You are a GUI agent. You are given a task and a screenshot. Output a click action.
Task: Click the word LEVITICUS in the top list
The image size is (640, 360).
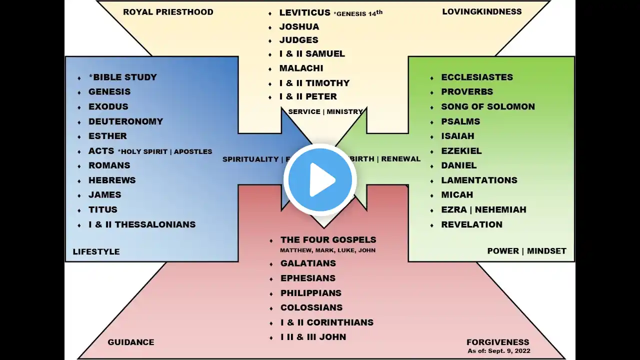(304, 12)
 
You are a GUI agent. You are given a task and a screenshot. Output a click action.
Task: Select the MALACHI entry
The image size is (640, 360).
(301, 68)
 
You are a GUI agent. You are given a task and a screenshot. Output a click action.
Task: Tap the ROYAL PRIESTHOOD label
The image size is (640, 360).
(168, 12)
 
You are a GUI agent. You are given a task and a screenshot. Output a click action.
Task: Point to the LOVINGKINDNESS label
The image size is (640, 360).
(481, 11)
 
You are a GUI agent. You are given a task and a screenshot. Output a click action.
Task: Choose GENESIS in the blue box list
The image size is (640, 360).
(109, 91)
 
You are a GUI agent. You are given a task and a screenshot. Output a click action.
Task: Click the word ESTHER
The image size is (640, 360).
(107, 136)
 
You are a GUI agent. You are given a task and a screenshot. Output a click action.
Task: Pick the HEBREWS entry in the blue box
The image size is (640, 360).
(112, 180)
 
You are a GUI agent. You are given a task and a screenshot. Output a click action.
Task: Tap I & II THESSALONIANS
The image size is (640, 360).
(142, 224)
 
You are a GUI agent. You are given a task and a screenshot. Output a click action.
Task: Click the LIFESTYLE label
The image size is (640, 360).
(96, 251)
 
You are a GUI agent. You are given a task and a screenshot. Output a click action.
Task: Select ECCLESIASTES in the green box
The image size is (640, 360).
(477, 77)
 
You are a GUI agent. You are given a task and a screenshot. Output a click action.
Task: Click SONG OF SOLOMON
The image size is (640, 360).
(487, 106)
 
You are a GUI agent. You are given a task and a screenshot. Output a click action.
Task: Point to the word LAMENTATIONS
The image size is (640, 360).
(479, 180)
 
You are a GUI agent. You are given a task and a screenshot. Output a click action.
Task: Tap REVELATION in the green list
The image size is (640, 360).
(471, 224)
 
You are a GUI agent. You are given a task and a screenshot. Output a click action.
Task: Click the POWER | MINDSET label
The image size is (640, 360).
(526, 251)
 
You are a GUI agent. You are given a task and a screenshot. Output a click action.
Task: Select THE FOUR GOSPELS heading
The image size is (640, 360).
(328, 240)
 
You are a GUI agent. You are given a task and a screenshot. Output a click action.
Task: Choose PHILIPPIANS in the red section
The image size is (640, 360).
(310, 293)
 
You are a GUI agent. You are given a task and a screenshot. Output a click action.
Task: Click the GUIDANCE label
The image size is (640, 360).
(130, 342)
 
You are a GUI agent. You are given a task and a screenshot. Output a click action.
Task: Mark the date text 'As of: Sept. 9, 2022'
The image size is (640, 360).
(498, 351)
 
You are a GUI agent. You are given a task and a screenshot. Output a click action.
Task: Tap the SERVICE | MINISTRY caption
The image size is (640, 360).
(325, 111)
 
